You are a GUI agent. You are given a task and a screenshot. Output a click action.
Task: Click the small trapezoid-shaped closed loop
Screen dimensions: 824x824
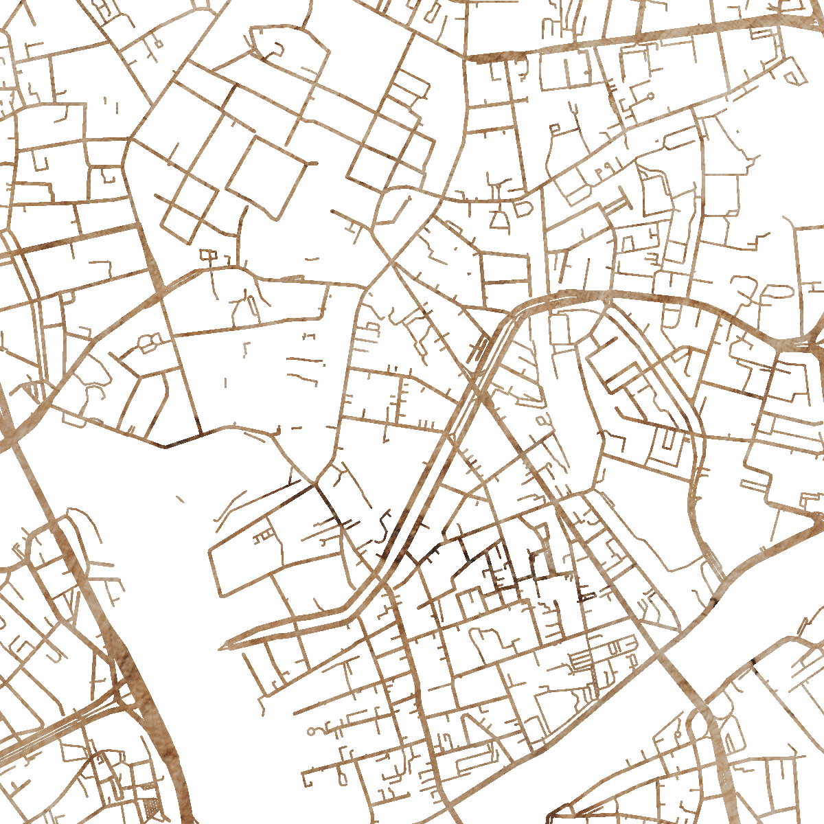click(499, 220)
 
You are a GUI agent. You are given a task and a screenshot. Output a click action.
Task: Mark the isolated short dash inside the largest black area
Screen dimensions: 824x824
click(180, 499)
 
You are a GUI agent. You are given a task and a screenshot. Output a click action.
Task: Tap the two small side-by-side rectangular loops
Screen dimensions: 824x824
click(207, 255)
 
